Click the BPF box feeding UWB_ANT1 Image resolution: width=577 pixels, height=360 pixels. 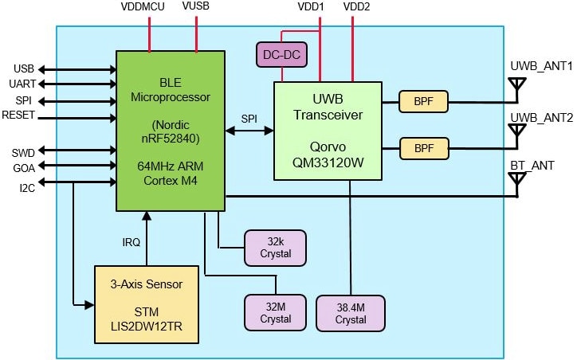pyautogui.click(x=423, y=102)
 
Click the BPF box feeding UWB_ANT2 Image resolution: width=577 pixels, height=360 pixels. pyautogui.click(x=423, y=148)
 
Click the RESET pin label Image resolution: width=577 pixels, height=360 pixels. pyautogui.click(x=18, y=116)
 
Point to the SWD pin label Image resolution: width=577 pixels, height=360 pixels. pyautogui.click(x=22, y=150)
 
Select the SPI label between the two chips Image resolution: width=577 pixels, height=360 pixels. pyautogui.click(x=249, y=118)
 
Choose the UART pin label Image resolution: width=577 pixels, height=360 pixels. pyautogui.click(x=21, y=84)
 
